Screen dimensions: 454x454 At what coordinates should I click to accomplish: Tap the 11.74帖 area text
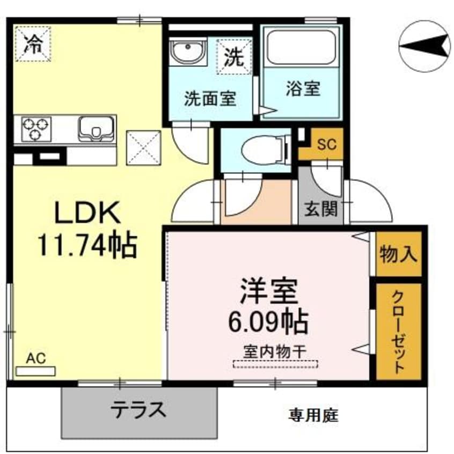pyautogui.click(x=87, y=245)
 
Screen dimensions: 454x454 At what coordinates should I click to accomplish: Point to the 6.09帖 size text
pyautogui.click(x=268, y=322)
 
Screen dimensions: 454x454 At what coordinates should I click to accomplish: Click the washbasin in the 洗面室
pyautogui.click(x=186, y=52)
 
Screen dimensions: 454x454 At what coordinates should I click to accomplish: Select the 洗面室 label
pyautogui.click(x=210, y=98)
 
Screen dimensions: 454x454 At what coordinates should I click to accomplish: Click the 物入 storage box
pyautogui.click(x=398, y=253)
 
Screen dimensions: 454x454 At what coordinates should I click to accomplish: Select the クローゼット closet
pyautogui.click(x=398, y=331)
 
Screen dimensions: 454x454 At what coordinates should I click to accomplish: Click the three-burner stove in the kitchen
pyautogui.click(x=35, y=129)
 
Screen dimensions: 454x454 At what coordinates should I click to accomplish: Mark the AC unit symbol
pyautogui.click(x=35, y=370)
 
